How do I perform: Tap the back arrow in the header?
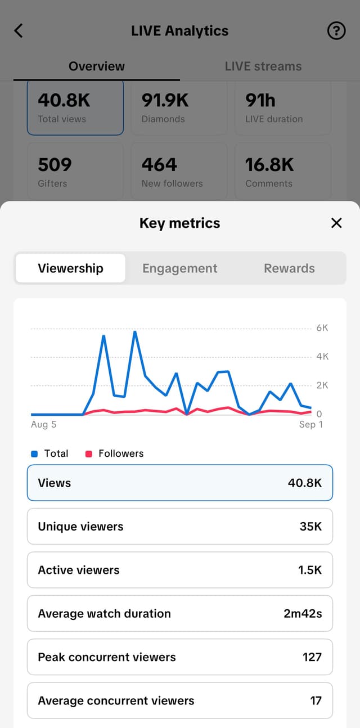19,30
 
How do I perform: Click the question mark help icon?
336,31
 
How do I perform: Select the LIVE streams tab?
263,66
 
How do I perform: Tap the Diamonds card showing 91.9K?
179,107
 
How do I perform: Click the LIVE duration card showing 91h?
282,107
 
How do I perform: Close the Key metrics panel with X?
336,223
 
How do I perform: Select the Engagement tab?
179,268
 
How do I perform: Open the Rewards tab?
289,268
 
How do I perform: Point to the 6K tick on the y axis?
322,328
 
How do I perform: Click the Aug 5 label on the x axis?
44,425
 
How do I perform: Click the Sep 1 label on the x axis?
310,425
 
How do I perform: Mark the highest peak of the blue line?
135,332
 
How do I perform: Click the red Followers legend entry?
115,453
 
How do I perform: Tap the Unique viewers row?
180,527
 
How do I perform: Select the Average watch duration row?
180,614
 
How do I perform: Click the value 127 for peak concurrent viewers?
312,657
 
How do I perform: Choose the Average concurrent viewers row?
180,701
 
